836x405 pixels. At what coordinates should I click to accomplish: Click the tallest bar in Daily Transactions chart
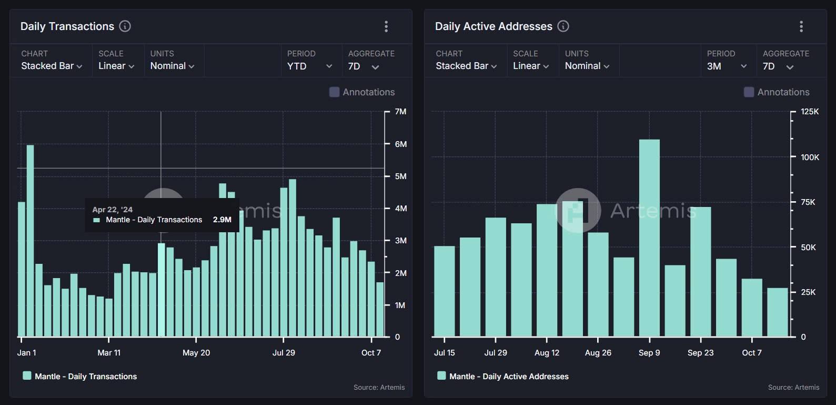30,240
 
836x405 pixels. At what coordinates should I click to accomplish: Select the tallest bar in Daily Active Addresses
649,238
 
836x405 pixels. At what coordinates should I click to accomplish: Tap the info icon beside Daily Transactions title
125,26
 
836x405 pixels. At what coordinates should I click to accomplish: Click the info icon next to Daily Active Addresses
563,26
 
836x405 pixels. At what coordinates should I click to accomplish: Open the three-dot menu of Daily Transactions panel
386,26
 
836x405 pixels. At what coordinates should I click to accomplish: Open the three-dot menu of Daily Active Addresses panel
801,26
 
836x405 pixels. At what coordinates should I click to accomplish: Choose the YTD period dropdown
309,66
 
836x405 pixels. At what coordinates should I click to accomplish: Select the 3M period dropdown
726,66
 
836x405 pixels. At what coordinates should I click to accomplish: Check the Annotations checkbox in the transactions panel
334,92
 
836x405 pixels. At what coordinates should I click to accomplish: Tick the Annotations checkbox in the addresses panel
749,92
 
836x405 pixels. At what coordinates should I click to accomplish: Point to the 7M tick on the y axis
400,112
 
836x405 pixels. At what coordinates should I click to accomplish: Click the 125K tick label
810,112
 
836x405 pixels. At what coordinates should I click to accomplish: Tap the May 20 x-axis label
196,353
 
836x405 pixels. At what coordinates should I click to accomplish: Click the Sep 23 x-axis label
700,353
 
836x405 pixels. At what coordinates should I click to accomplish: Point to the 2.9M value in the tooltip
222,220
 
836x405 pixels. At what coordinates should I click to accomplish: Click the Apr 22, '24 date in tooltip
113,210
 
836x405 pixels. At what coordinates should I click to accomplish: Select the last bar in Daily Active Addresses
777,312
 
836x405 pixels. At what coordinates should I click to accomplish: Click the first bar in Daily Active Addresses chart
444,291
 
